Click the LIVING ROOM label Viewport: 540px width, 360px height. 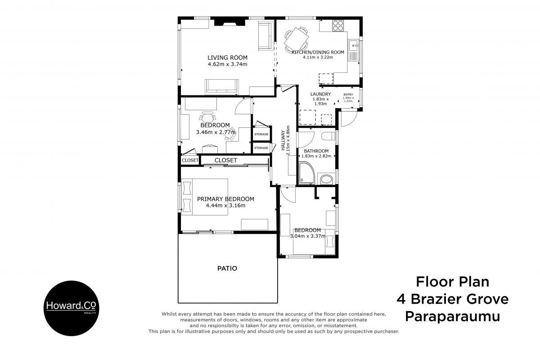coord(227,58)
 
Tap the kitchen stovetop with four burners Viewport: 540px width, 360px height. coord(338,26)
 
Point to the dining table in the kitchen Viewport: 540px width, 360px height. coord(296,40)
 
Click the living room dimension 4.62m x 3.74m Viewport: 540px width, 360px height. coord(227,64)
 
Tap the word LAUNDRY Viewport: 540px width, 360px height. coord(320,94)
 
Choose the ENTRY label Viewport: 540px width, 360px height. coord(348,94)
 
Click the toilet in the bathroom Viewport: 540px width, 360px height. coord(328,136)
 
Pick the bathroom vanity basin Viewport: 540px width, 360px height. coord(326,180)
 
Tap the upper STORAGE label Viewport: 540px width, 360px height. coord(261,134)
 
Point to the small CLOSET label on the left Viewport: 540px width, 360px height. coord(190,160)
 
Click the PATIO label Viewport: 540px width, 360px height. coord(227,268)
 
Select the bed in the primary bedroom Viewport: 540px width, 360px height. coord(205,197)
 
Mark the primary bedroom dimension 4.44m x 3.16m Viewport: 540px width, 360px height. coord(225,206)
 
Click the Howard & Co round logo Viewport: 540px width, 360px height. coord(72,308)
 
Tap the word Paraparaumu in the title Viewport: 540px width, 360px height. coord(453,317)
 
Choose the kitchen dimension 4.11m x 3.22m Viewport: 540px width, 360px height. coord(318,58)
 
